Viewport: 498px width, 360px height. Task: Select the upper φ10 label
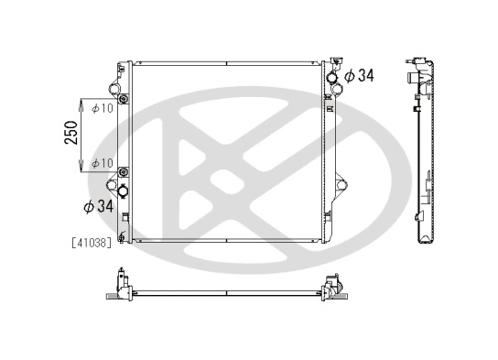pyautogui.click(x=102, y=109)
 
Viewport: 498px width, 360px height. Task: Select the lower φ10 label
pyautogui.click(x=102, y=163)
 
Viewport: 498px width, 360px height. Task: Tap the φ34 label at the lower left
pyautogui.click(x=98, y=207)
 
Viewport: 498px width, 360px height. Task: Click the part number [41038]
pyautogui.click(x=90, y=243)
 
